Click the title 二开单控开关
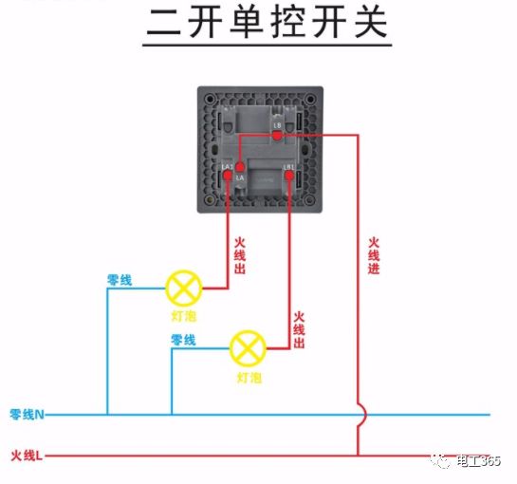(267, 23)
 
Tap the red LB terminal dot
(276, 135)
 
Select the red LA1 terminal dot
(228, 174)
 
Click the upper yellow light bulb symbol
(184, 287)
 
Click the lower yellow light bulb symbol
(249, 349)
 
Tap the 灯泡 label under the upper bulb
(184, 314)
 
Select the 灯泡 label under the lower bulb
(249, 377)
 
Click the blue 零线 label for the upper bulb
(120, 280)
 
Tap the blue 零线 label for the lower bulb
(183, 340)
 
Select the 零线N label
(28, 415)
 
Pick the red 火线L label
(28, 456)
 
